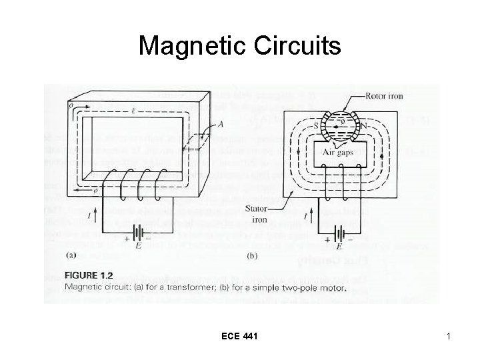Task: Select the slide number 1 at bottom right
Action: click(449, 339)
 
